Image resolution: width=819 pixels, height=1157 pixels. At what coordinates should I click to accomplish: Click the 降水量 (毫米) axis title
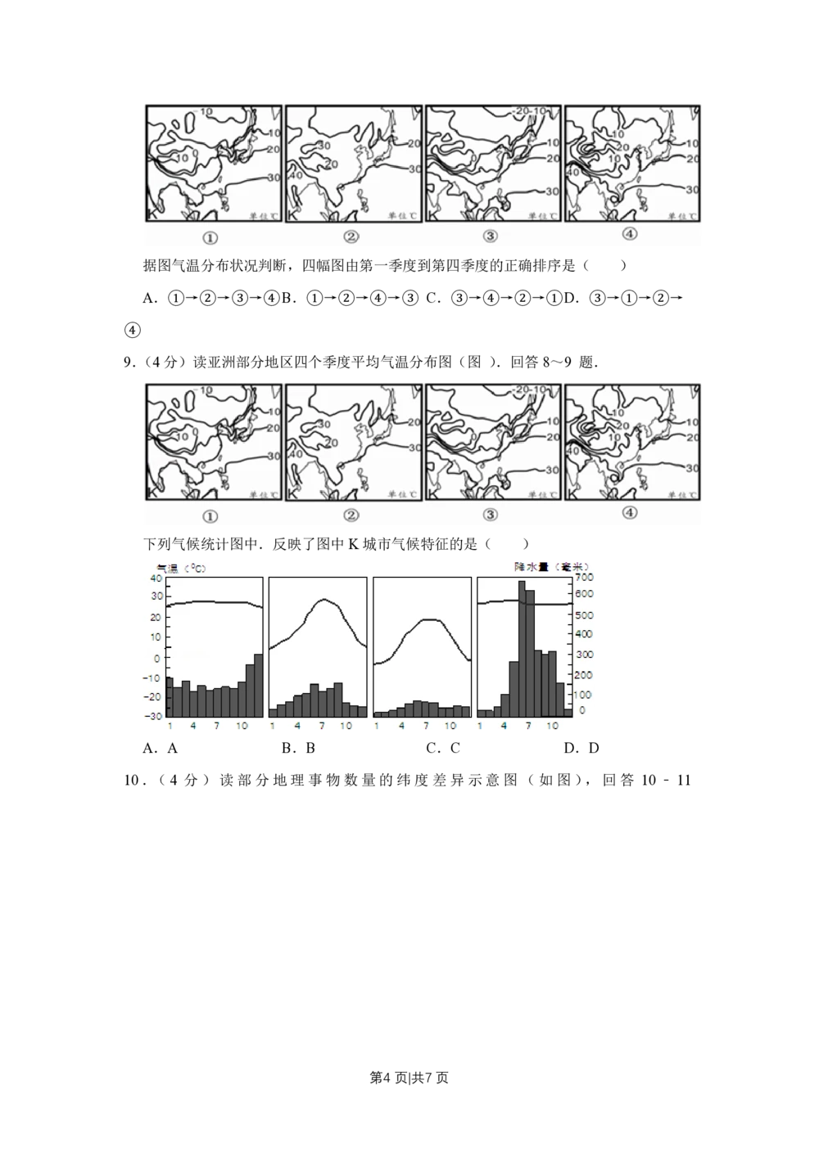tap(551, 566)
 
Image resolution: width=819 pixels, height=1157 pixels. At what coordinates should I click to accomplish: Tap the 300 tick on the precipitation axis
tap(584, 655)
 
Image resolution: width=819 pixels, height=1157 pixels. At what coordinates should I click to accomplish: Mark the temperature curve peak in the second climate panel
tap(324, 600)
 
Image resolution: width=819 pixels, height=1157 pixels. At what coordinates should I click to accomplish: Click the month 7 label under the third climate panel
tap(426, 726)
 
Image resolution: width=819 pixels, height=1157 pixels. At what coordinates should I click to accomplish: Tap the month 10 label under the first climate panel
tap(242, 726)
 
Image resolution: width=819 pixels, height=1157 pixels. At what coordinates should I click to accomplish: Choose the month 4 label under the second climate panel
tap(297, 726)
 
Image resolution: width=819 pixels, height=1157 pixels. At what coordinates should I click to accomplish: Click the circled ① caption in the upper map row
tap(210, 238)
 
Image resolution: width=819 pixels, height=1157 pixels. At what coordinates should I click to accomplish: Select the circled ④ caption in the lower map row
tap(629, 513)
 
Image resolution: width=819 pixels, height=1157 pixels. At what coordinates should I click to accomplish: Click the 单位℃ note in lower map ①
tap(263, 495)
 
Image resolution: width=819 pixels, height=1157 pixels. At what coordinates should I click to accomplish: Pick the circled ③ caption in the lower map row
tap(490, 515)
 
